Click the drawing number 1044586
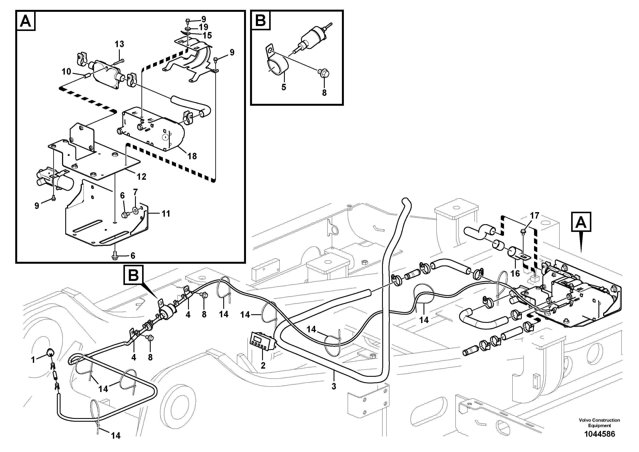pos(599,434)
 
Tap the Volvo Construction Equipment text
pos(599,423)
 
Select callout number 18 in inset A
pos(192,156)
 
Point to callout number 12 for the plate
pos(141,177)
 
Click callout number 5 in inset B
pos(283,87)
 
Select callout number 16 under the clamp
pos(515,273)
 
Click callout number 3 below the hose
pos(334,386)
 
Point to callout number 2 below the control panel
pos(263,365)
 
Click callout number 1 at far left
pos(33,360)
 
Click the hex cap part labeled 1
pos(50,352)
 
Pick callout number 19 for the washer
pos(203,27)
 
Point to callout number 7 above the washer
pos(135,192)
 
